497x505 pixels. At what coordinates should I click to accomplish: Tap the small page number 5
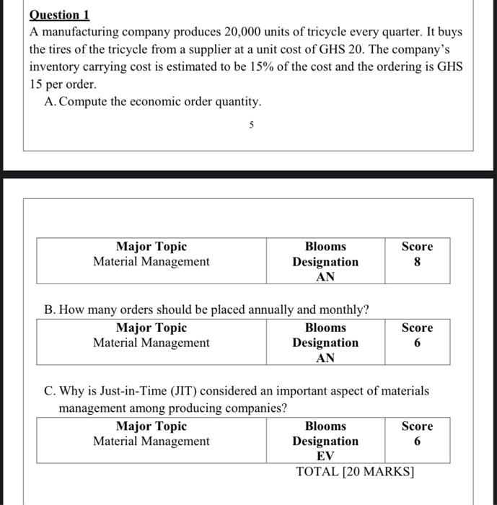[x=251, y=125]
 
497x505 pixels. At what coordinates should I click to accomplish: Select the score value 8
[x=417, y=262]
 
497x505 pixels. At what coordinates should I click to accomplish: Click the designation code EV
[x=325, y=455]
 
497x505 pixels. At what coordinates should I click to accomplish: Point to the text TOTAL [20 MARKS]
[x=355, y=472]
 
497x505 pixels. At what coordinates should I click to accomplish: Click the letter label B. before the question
[x=50, y=310]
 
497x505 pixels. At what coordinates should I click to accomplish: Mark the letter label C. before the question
[x=50, y=391]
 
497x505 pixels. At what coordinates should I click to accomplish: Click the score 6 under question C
[x=417, y=441]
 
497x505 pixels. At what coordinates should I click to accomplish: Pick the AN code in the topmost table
[x=325, y=276]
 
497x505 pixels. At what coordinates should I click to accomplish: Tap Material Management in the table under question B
[x=151, y=343]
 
